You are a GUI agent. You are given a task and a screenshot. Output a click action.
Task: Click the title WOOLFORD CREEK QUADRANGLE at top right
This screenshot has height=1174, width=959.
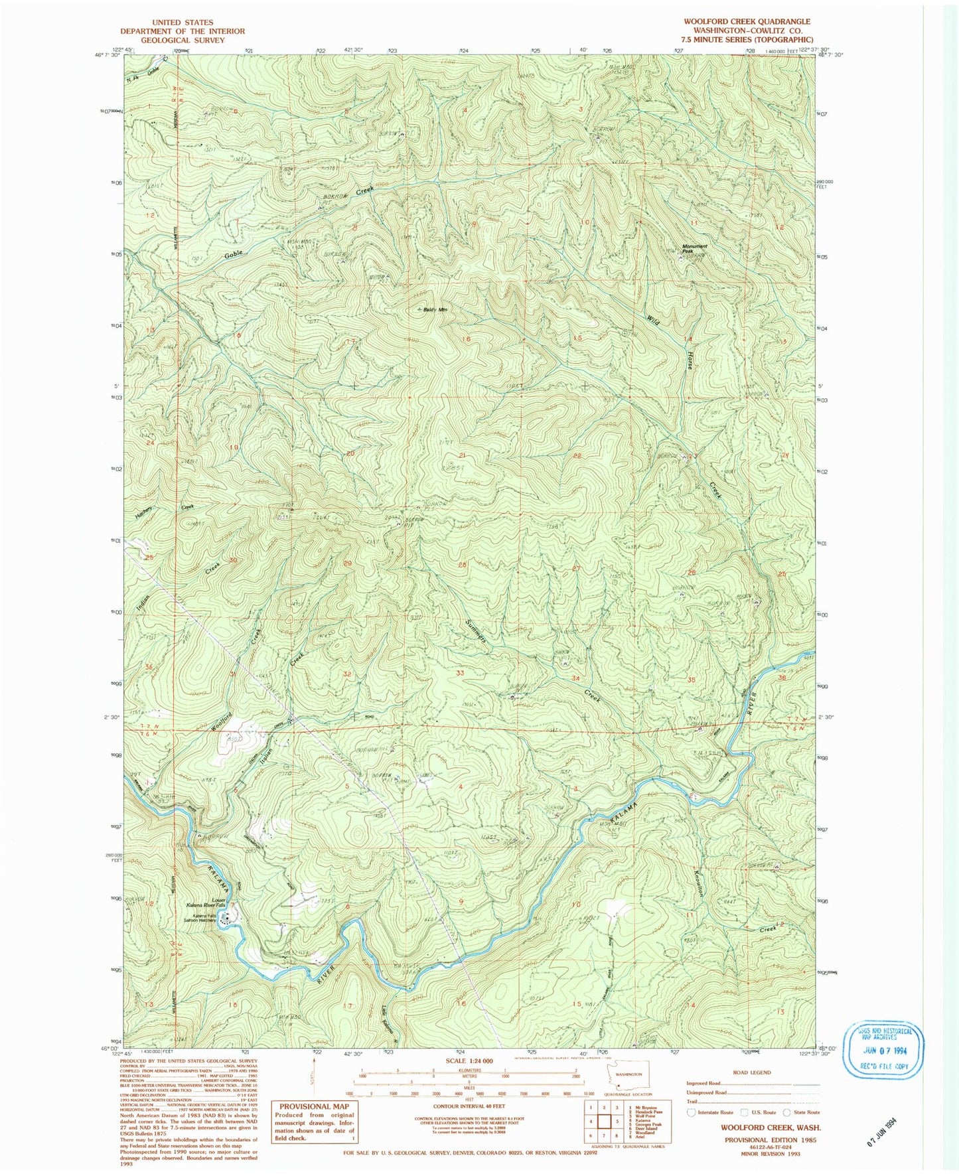coord(747,22)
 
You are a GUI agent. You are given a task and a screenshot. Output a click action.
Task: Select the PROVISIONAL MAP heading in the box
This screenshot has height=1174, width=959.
coord(314,1106)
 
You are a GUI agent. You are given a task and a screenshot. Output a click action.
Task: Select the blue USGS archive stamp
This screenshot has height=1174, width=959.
coord(883,1050)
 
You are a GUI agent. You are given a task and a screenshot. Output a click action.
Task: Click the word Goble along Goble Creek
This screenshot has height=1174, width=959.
coord(233,254)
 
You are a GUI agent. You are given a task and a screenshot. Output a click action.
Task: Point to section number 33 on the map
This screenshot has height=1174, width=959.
coord(460,673)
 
